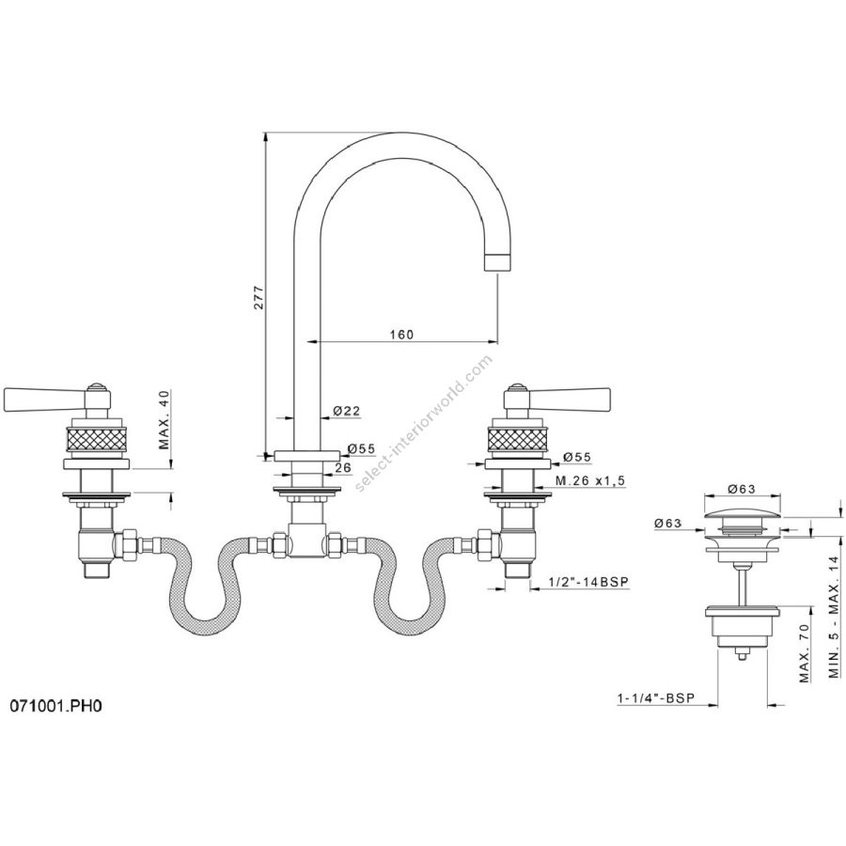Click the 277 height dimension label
click(259, 296)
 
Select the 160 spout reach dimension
click(402, 335)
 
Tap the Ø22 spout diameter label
click(347, 411)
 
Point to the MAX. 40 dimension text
click(164, 419)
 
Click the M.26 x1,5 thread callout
click(591, 479)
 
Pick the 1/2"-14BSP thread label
click(588, 582)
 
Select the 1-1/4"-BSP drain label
click(656, 698)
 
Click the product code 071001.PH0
click(55, 706)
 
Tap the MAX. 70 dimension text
click(805, 653)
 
